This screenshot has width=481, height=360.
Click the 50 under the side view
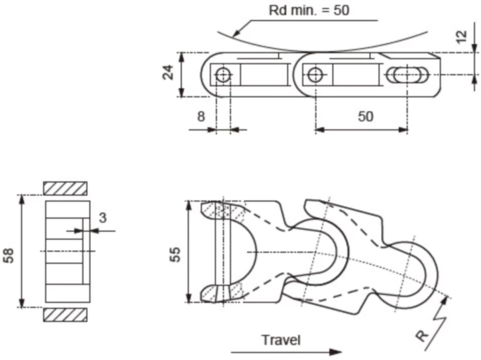(x=366, y=116)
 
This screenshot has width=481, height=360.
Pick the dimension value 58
(x=9, y=252)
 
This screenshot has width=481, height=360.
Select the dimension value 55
(x=174, y=252)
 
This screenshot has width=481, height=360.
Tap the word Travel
(x=280, y=340)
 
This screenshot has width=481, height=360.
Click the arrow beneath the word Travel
(x=286, y=352)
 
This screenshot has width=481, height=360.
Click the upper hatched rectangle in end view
(x=65, y=188)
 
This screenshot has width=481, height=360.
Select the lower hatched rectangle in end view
(x=65, y=314)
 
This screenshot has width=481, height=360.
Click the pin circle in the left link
(x=223, y=75)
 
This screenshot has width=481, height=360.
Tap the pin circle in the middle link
(x=314, y=75)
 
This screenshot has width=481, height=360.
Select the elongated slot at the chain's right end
(x=408, y=75)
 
